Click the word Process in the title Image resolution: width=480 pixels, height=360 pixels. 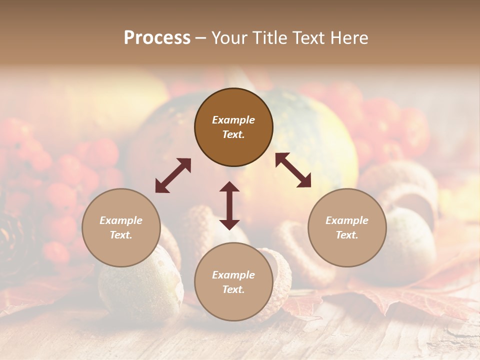click(157, 38)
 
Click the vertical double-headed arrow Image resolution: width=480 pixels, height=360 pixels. click(229, 205)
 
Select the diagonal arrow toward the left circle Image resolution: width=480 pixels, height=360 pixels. click(173, 175)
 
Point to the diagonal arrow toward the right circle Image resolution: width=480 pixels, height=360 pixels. click(293, 170)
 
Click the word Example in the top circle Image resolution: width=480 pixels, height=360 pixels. click(233, 120)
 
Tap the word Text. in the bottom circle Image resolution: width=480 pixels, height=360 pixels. click(233, 289)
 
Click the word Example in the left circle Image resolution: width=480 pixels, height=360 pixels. click(121, 220)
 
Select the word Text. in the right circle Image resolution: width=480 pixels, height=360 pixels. click(347, 235)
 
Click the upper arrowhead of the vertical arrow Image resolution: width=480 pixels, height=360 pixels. click(229, 187)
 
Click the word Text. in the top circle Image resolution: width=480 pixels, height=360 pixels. click(233, 134)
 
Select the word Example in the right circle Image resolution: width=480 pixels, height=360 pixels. click(347, 220)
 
